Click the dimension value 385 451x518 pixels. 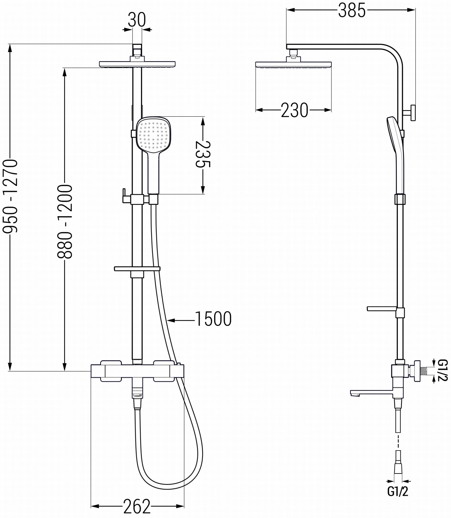pos(351,11)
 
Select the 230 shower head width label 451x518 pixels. pos(294,110)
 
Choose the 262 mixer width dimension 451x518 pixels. pos(137,506)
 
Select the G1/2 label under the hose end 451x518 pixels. pos(397,492)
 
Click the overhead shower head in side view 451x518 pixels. pos(293,65)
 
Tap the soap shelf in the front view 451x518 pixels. pos(137,269)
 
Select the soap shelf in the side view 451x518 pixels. pos(382,309)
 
